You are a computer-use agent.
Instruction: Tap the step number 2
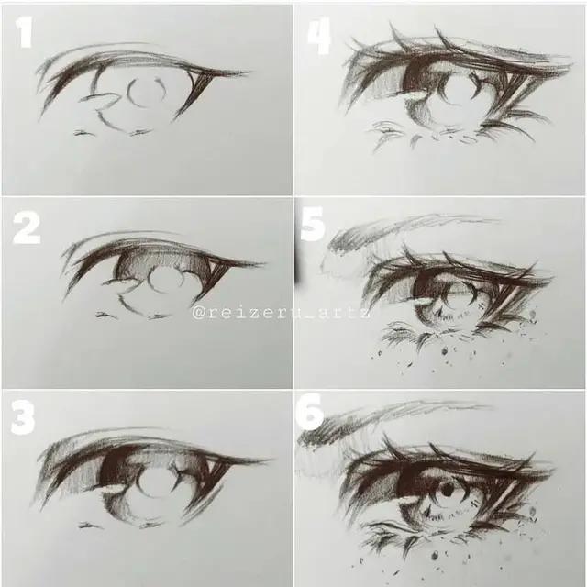[x=27, y=227]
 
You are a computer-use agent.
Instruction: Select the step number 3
[x=23, y=417]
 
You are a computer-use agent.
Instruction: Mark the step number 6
[x=311, y=415]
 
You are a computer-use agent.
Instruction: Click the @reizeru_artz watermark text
[x=281, y=312]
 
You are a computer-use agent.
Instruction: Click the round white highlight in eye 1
[x=147, y=93]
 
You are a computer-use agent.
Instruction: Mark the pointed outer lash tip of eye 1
[x=246, y=72]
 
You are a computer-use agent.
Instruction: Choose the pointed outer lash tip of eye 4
[x=569, y=62]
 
